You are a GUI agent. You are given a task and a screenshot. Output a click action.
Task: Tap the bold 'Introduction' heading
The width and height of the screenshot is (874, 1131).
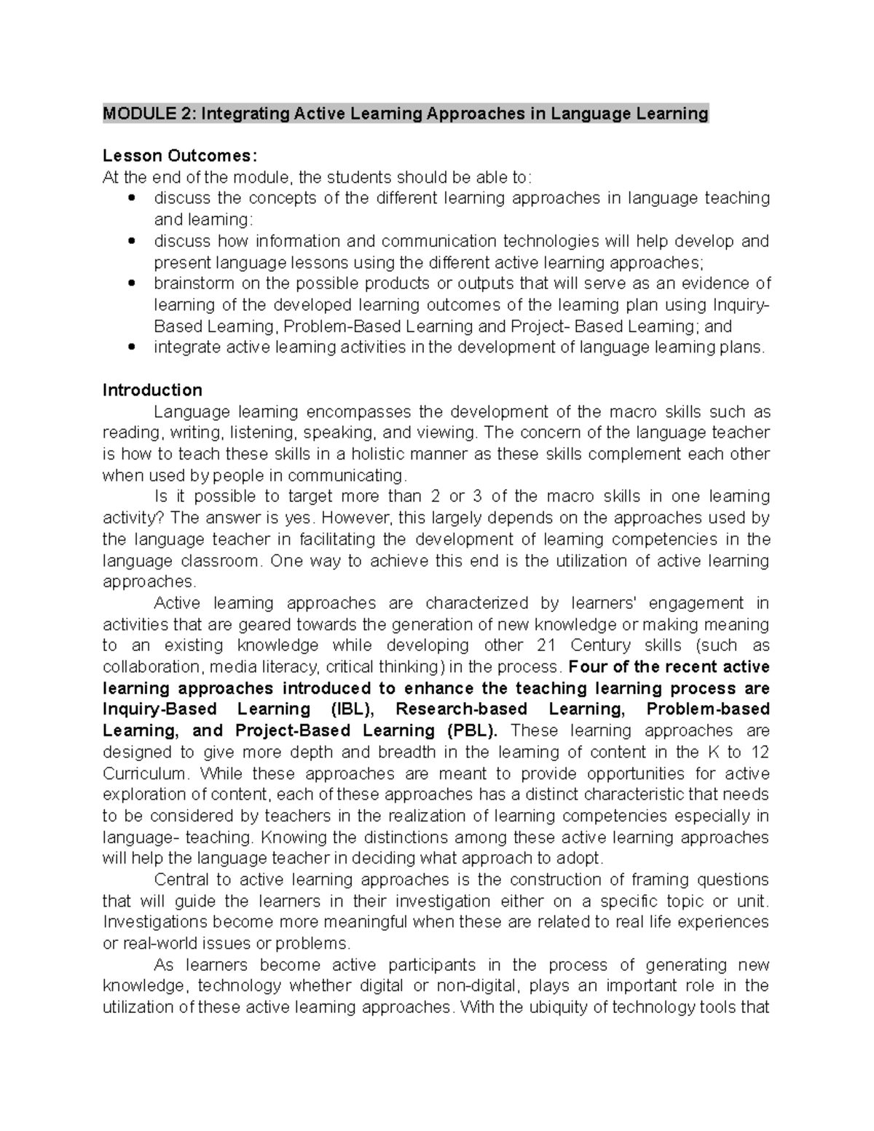pyautogui.click(x=152, y=390)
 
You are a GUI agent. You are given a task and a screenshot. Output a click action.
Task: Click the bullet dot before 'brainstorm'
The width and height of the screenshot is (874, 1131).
pyautogui.click(x=131, y=284)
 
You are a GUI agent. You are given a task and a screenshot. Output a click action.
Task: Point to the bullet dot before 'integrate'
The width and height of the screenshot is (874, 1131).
pyautogui.click(x=131, y=348)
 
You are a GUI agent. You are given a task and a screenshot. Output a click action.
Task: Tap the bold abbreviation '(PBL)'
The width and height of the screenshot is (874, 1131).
pyautogui.click(x=473, y=730)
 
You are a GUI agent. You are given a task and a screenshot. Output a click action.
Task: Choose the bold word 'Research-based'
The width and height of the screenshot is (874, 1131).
pyautogui.click(x=461, y=709)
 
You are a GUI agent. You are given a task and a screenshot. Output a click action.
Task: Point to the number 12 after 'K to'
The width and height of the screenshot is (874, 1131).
pyautogui.click(x=760, y=752)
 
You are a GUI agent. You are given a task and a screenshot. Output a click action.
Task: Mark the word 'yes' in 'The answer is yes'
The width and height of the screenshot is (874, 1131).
pyautogui.click(x=300, y=518)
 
